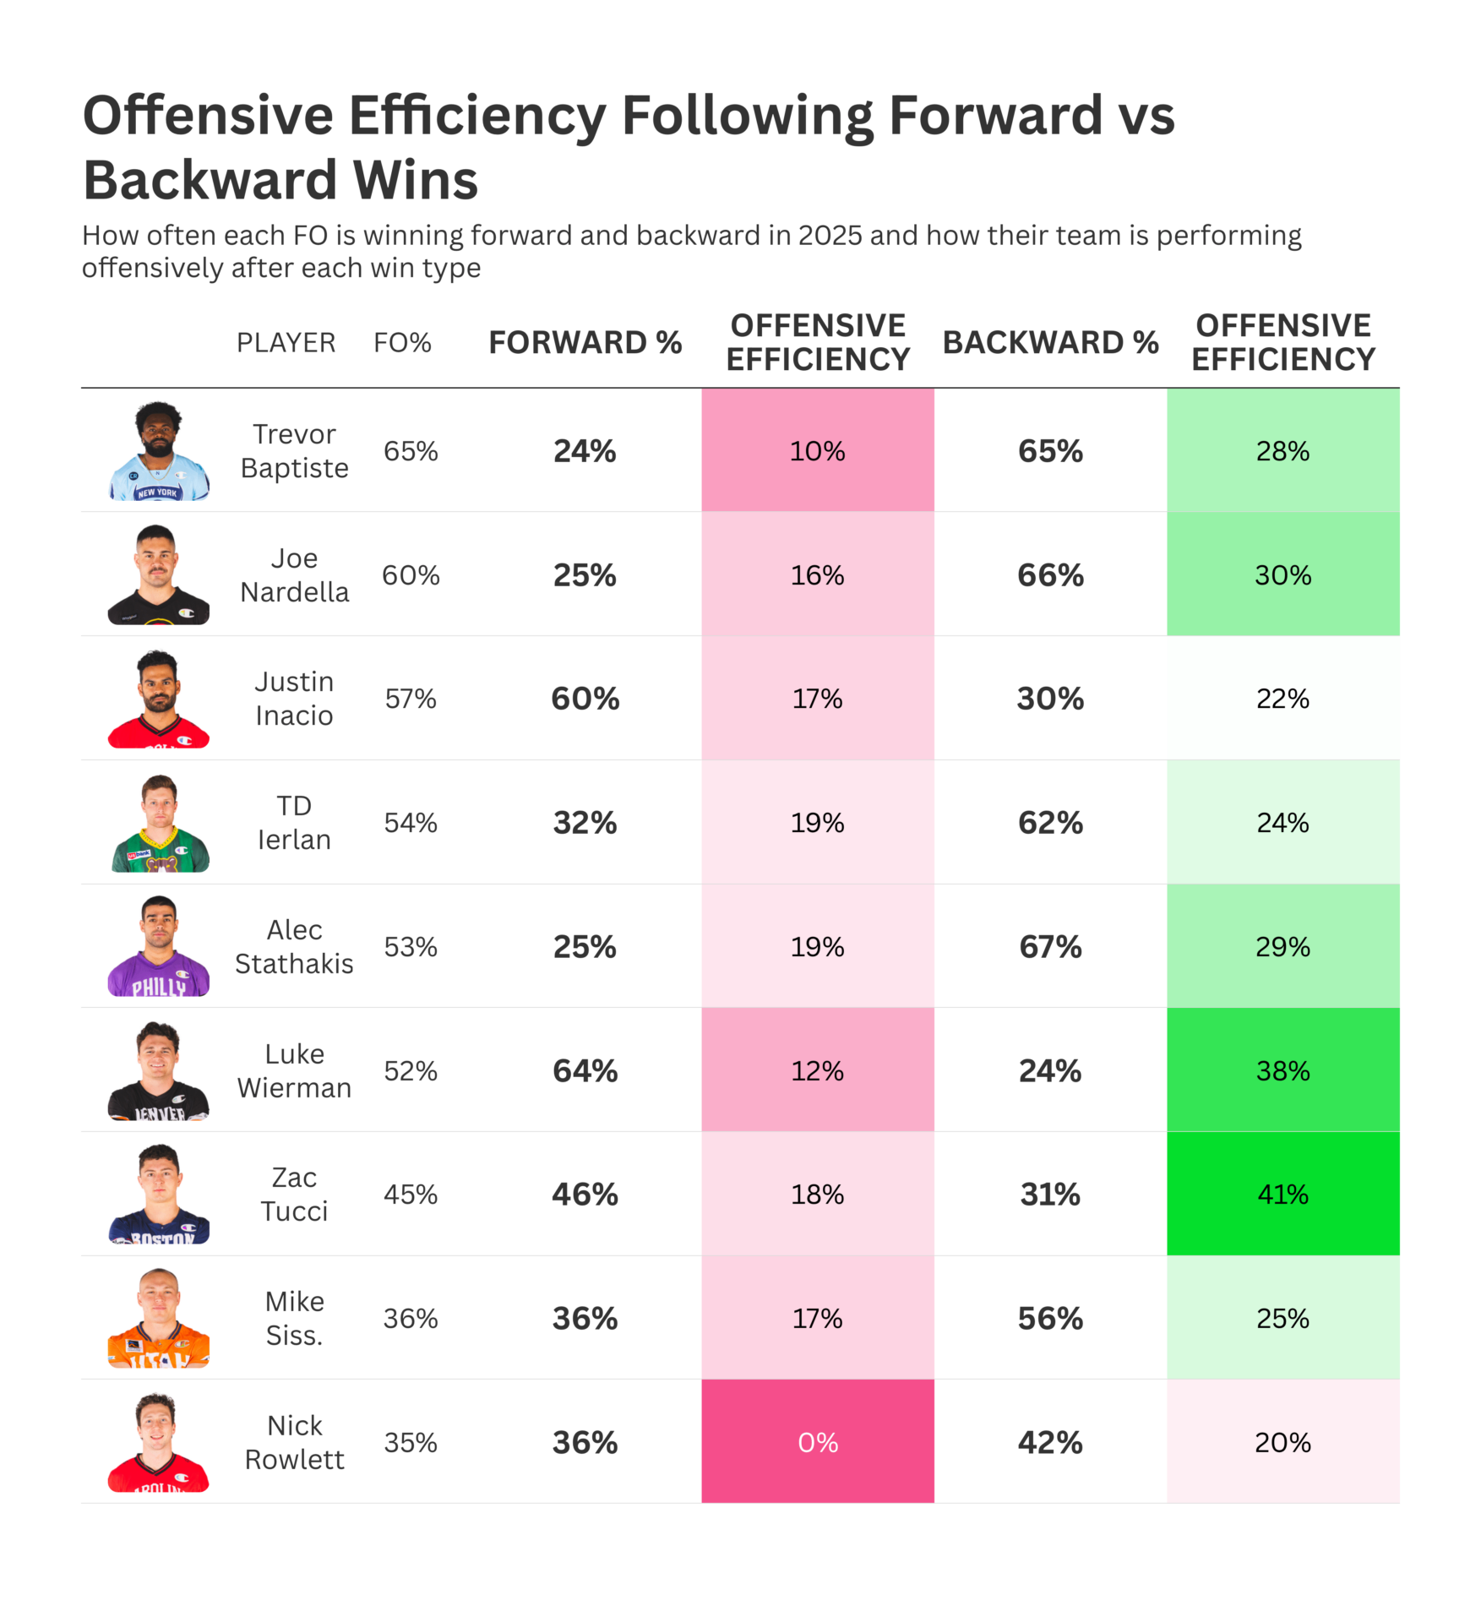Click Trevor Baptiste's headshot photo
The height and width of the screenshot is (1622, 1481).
click(x=159, y=451)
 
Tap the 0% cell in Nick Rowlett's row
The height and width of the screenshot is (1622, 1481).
click(x=817, y=1442)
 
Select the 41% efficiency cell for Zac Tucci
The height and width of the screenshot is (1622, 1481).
click(x=1282, y=1194)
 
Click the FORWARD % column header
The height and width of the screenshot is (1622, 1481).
click(x=585, y=342)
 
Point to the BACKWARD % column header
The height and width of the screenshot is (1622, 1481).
click(x=1050, y=342)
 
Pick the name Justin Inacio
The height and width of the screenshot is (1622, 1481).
click(x=294, y=699)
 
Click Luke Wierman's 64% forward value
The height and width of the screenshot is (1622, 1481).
click(x=585, y=1070)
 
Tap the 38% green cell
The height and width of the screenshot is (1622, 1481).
click(x=1282, y=1070)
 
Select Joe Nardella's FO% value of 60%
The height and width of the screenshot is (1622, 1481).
click(x=411, y=575)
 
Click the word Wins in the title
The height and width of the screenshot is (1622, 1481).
click(x=415, y=180)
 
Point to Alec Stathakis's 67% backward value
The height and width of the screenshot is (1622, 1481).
click(x=1050, y=946)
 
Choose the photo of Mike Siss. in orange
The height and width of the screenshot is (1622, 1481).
click(x=159, y=1318)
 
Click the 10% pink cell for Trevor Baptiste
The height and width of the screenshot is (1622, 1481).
click(x=817, y=451)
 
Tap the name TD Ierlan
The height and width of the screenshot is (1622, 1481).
click(x=294, y=823)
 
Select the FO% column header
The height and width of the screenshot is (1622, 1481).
click(x=402, y=342)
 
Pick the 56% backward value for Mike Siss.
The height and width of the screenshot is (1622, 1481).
click(x=1050, y=1318)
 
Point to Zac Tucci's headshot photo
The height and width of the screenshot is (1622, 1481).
click(x=159, y=1194)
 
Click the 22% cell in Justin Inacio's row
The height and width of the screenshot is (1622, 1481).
click(x=1282, y=699)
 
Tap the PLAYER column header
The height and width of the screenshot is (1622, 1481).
click(x=286, y=342)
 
